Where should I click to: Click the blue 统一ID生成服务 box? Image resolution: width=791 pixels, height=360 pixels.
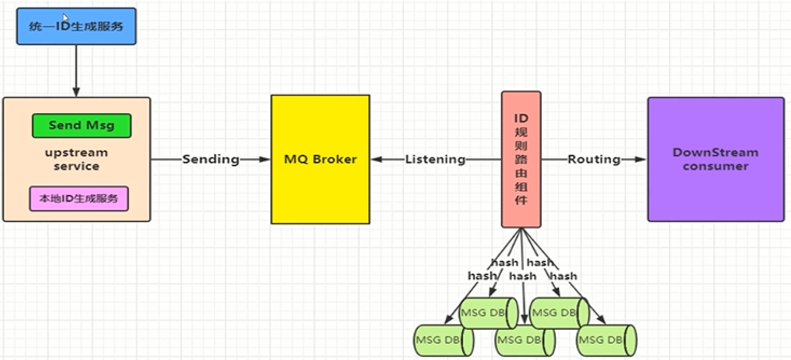tap(76, 26)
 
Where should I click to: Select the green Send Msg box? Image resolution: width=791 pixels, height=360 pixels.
tap(81, 126)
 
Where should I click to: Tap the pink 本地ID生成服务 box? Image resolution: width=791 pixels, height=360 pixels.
tap(79, 198)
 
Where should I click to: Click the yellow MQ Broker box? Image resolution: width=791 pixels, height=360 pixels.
tap(320, 159)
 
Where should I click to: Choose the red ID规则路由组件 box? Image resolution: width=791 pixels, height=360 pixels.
tap(521, 159)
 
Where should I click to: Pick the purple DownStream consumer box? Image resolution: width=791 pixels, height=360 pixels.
tap(716, 159)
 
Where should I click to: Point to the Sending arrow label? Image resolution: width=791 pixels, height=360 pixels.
tap(210, 159)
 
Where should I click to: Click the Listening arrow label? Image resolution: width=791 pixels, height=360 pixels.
tap(435, 159)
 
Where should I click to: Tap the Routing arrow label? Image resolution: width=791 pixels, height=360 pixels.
tap(594, 159)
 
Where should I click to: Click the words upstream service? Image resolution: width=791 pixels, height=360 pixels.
tap(76, 160)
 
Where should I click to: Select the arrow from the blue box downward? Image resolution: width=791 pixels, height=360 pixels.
tap(76, 70)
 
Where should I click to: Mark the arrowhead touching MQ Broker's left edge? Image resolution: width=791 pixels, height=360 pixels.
tap(265, 159)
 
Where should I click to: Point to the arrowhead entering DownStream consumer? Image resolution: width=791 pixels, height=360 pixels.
tap(641, 159)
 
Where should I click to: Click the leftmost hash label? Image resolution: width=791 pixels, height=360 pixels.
tap(482, 276)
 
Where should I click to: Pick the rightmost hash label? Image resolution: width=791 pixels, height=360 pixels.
tap(563, 276)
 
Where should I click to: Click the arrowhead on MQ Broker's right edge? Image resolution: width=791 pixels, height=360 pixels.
tap(376, 159)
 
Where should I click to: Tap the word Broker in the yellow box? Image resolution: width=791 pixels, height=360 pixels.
tap(335, 159)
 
